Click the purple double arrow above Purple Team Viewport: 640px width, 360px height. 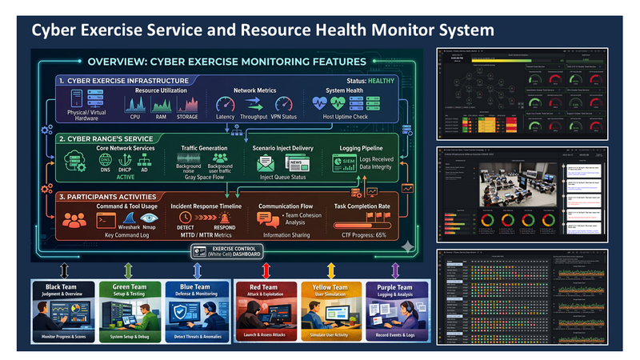tap(394, 269)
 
